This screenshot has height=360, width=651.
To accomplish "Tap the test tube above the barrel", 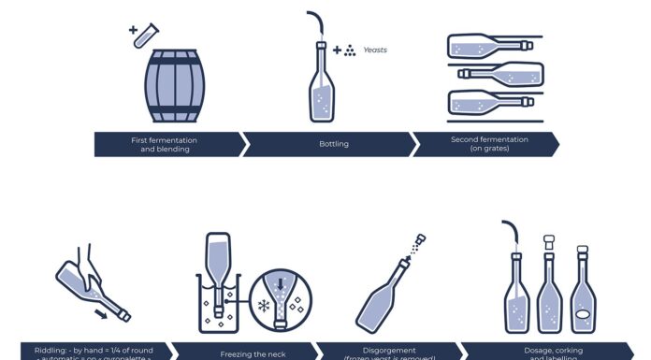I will coord(143,36).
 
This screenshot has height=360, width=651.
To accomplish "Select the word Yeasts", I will coord(375,50).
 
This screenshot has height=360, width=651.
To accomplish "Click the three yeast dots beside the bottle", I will coord(349,50).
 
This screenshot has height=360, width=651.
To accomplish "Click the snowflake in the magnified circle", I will coord(263,304).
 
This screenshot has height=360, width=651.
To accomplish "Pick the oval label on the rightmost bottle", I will coord(583,315).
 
